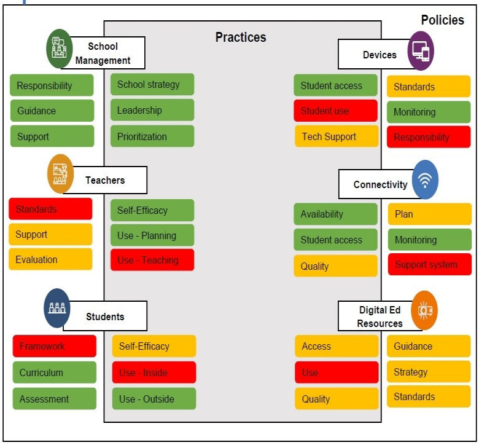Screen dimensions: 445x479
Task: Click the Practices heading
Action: [x=241, y=37]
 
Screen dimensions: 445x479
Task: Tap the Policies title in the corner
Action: [x=442, y=20]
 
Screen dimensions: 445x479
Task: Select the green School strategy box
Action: [x=152, y=85]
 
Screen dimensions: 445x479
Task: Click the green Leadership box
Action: [x=152, y=111]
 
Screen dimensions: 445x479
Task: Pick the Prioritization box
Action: [x=152, y=136]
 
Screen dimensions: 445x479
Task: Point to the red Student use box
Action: [x=335, y=111]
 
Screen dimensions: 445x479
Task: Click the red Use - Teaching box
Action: [x=152, y=260]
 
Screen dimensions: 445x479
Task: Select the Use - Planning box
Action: [x=152, y=235]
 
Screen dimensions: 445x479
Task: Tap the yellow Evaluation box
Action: [x=50, y=259]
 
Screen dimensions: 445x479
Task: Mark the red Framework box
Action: [x=54, y=346]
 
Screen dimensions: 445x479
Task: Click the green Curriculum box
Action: [x=54, y=372]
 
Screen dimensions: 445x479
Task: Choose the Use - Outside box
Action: [x=154, y=399]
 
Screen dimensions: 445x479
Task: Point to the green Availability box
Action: [x=335, y=215]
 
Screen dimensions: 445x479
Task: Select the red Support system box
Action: [x=429, y=265]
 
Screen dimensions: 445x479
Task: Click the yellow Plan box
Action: [x=429, y=215]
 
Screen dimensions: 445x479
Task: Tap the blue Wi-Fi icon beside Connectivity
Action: [x=425, y=179]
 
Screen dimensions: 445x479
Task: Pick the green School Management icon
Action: [x=59, y=49]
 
